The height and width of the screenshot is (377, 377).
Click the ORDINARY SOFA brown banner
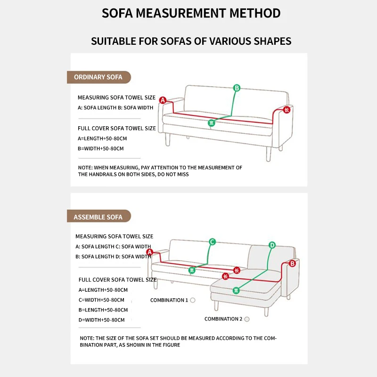click(98, 77)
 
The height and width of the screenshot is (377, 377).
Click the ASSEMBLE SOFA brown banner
click(98, 217)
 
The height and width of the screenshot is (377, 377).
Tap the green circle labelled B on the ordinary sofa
click(237, 88)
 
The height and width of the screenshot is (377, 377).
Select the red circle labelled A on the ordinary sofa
click(163, 100)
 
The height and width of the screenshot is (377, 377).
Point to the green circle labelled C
click(212, 242)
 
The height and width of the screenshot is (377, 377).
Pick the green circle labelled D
click(272, 245)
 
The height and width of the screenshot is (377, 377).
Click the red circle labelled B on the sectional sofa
click(292, 263)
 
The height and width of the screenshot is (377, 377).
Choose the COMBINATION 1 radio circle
click(193, 300)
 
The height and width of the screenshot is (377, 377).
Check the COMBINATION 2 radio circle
click(247, 319)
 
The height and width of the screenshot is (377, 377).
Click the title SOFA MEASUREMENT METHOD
click(191, 13)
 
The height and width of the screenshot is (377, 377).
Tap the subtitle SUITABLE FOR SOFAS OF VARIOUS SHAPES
click(191, 41)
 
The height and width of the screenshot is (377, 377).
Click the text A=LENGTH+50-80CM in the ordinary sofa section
click(102, 139)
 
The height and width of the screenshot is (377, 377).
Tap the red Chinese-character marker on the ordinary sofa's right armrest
click(286, 109)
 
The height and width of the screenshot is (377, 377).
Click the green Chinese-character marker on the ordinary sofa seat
click(212, 123)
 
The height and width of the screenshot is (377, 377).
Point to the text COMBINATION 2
click(223, 319)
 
